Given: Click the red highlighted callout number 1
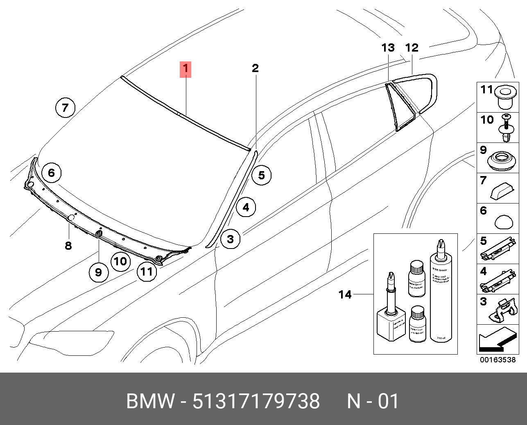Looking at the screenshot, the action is [x=185, y=69].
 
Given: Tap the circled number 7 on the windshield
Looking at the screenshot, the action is [x=65, y=108].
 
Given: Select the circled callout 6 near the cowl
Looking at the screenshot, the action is [x=51, y=172].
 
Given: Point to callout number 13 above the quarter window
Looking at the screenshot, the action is [x=388, y=48].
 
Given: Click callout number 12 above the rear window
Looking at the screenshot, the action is [x=412, y=48].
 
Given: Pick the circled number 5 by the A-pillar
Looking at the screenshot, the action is [x=261, y=175].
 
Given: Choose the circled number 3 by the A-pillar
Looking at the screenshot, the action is [x=231, y=239].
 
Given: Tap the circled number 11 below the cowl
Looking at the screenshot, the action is [x=147, y=271].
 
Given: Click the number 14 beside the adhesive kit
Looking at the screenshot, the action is [x=345, y=294].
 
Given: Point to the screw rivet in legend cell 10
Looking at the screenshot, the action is [x=507, y=128].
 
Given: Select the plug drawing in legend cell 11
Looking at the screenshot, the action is [x=505, y=97].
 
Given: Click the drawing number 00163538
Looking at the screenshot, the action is [x=498, y=360].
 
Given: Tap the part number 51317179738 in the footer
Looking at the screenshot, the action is [x=256, y=401].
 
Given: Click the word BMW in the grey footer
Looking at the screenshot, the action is [x=150, y=401].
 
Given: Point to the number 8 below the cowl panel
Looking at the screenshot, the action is [x=68, y=246].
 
